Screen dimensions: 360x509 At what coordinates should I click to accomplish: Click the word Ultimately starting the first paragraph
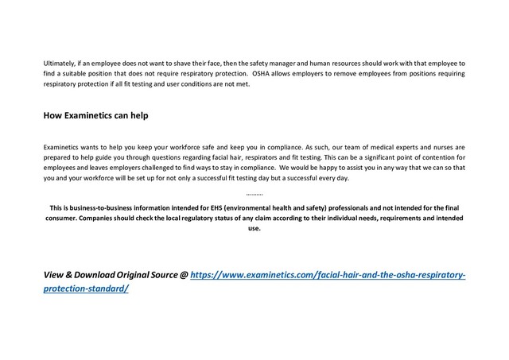59,61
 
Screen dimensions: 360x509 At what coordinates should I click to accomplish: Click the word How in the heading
52,116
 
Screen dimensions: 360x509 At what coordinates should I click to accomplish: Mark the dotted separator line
254,192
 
